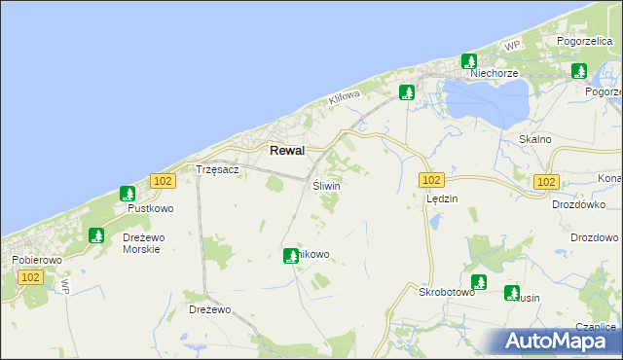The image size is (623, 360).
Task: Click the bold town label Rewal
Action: (286, 151)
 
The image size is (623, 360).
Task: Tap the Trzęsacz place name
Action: (217, 169)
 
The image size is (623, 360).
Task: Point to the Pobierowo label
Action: (37, 261)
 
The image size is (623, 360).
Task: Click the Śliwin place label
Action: (326, 185)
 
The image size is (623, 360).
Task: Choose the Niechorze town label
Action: (491, 73)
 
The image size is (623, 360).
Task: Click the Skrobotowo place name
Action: (446, 291)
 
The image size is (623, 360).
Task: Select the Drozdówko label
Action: (578, 204)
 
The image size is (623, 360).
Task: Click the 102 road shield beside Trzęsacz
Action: (163, 181)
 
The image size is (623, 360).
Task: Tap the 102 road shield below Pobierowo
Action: (30, 277)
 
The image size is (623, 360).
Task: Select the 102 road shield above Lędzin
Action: (432, 180)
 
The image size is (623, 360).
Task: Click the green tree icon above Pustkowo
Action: (127, 194)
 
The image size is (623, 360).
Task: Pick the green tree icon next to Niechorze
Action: (468, 60)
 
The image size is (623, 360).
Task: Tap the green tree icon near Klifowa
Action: (407, 92)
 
